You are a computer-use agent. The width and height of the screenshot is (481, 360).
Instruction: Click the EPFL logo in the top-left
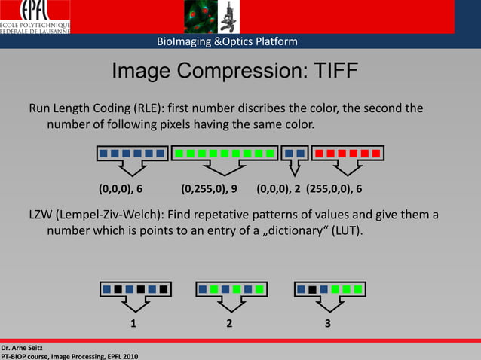35,17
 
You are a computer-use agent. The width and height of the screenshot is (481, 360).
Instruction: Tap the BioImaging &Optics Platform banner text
227,41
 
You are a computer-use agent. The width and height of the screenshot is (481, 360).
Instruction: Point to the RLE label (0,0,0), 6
121,188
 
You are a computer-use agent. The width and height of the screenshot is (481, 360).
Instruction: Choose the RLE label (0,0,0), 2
278,188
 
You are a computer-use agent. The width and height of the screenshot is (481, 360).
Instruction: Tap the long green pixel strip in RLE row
225,154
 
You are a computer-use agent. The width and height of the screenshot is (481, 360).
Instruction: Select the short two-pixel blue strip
294,154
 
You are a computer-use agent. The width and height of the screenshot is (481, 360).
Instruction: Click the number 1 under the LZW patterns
133,324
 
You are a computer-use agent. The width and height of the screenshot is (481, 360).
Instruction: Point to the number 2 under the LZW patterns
229,324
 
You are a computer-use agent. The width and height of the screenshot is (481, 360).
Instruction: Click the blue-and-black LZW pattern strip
136,288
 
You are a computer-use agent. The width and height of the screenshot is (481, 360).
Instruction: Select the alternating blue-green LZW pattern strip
231,288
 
